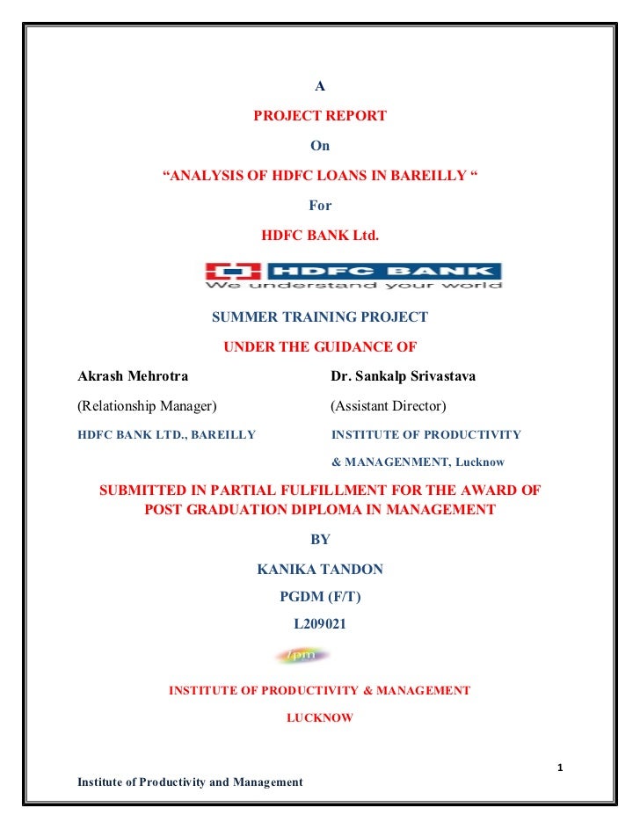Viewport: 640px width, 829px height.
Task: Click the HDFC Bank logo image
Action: pyautogui.click(x=353, y=275)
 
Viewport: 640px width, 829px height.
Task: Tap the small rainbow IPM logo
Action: pyautogui.click(x=302, y=656)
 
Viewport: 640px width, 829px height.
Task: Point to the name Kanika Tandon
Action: pyautogui.click(x=320, y=570)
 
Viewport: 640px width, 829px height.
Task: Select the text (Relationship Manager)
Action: pyautogui.click(x=148, y=405)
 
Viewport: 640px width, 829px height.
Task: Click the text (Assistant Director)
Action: pyautogui.click(x=388, y=405)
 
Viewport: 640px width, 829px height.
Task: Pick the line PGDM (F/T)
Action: pyautogui.click(x=320, y=597)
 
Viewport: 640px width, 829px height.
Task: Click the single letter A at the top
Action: pyautogui.click(x=320, y=86)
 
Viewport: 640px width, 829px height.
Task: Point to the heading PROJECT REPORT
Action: pyautogui.click(x=320, y=116)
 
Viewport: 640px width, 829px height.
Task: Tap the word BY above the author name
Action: pyautogui.click(x=320, y=539)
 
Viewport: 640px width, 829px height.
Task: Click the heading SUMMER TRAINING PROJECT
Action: pyautogui.click(x=320, y=316)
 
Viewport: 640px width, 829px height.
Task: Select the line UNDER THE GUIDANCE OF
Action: pyautogui.click(x=320, y=346)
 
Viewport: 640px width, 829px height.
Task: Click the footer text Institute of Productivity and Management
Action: pyautogui.click(x=190, y=782)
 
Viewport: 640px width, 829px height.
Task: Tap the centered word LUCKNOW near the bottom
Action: pyautogui.click(x=320, y=717)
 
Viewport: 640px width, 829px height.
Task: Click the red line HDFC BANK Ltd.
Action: pyautogui.click(x=320, y=236)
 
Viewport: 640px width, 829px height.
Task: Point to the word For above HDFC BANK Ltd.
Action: pyautogui.click(x=320, y=206)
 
